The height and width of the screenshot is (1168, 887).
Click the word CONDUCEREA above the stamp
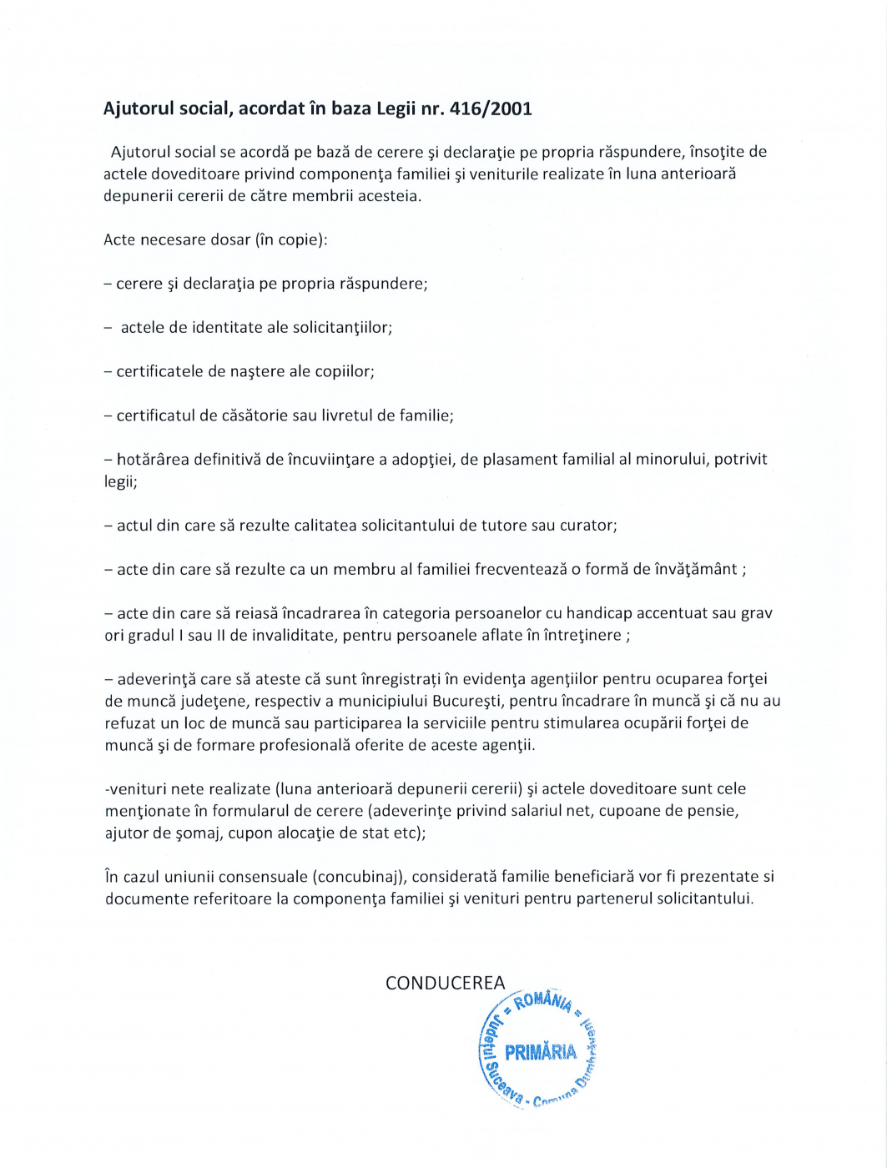click(445, 983)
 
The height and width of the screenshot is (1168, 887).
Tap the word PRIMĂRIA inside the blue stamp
click(540, 1051)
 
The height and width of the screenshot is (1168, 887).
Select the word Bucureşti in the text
click(467, 701)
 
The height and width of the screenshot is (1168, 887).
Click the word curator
click(587, 526)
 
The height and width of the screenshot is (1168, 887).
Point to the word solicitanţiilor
click(340, 328)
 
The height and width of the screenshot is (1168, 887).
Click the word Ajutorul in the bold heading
click(136, 108)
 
